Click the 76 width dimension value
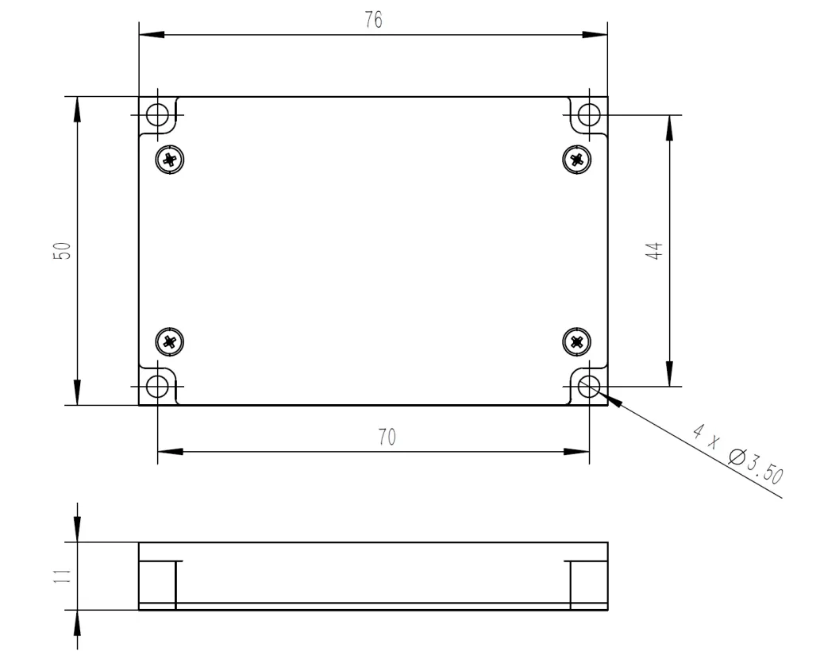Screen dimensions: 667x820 click(x=373, y=21)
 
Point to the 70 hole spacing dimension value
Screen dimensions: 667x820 click(x=387, y=438)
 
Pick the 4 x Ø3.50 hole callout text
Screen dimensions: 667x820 click(x=737, y=456)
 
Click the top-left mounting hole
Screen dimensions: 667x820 click(x=158, y=115)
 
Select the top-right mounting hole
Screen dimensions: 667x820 click(x=589, y=115)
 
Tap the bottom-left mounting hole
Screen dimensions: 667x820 click(x=158, y=387)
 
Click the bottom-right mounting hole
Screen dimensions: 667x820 click(x=589, y=387)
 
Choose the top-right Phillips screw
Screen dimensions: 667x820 click(x=577, y=159)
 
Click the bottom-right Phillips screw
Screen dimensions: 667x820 click(x=577, y=342)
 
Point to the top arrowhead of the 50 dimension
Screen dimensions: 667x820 click(x=77, y=109)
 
